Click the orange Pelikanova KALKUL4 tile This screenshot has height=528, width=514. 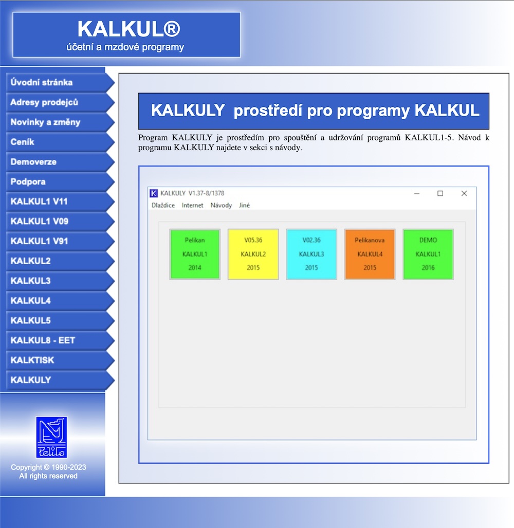370,254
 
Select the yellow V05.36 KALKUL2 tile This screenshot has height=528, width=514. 253,254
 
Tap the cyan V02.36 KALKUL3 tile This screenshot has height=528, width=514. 311,254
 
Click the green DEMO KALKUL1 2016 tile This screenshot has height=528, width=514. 428,254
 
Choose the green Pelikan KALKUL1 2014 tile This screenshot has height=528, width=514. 195,254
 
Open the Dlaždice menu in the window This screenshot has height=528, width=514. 163,206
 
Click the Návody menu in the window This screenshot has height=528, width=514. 221,206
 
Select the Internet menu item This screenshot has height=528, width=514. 192,206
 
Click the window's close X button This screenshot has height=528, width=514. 464,193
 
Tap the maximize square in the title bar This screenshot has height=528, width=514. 440,193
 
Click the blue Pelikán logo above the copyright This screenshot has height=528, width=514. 51,437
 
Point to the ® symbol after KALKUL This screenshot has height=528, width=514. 172,29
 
